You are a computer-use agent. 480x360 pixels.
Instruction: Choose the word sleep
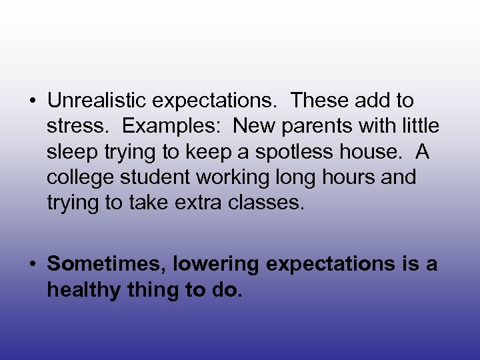[71, 153]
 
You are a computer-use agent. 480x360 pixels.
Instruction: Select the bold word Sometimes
[106, 265]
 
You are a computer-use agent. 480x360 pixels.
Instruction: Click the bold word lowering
[217, 265]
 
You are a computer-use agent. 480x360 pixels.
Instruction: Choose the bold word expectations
[331, 265]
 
